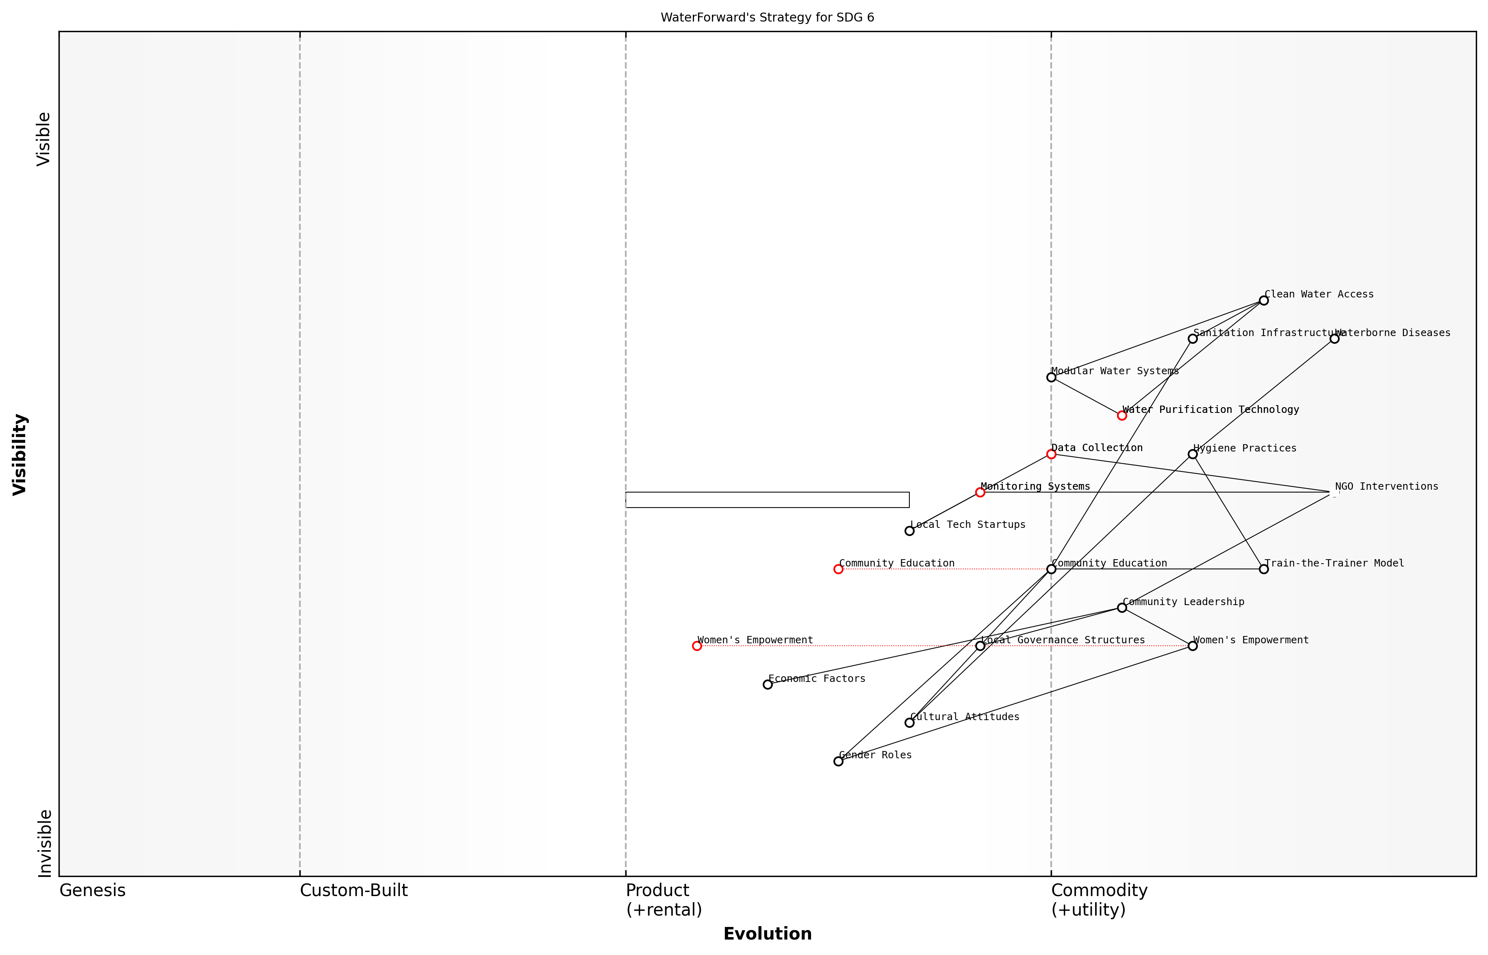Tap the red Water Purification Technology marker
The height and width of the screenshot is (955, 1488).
[x=1121, y=415]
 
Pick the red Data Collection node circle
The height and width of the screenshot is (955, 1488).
[x=1051, y=454]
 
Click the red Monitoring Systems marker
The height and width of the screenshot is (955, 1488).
[x=980, y=493]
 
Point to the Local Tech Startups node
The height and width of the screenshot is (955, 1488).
[x=909, y=531]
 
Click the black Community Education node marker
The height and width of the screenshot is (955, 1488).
[x=1051, y=569]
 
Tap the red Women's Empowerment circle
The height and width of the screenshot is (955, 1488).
[x=697, y=646]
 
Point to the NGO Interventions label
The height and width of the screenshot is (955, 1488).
[x=1386, y=486]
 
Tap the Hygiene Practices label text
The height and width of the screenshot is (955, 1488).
[x=1244, y=448]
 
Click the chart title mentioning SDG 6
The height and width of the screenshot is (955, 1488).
[x=767, y=17]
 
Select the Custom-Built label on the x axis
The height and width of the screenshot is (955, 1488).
[x=354, y=890]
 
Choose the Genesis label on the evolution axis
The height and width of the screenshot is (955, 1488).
[x=92, y=890]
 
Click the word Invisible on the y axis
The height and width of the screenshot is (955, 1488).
[x=44, y=843]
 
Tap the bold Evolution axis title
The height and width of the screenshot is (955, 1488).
[x=767, y=934]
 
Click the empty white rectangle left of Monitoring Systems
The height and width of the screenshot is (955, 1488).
[x=767, y=500]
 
